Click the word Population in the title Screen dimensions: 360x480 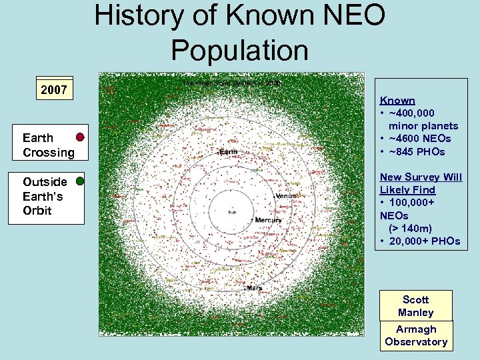[x=239, y=50]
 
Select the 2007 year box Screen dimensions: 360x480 [x=54, y=89]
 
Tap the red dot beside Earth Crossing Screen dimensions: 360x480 [x=80, y=137]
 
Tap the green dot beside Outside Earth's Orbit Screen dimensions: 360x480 [x=80, y=181]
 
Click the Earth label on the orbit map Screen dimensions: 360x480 [x=228, y=152]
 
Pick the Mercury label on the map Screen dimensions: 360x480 [x=268, y=220]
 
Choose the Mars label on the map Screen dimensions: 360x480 [x=254, y=288]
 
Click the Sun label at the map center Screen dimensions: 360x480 [x=231, y=213]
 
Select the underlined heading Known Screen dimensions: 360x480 [x=397, y=101]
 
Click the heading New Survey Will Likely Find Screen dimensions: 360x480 [x=421, y=183]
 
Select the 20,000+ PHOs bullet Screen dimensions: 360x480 [x=423, y=241]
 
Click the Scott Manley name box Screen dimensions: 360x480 [x=416, y=306]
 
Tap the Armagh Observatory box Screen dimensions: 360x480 [x=416, y=335]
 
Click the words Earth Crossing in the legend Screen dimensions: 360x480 [x=49, y=145]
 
